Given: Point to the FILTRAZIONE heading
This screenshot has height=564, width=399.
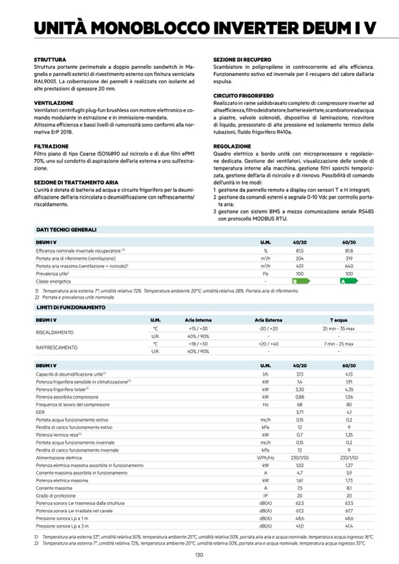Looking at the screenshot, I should click(52, 145).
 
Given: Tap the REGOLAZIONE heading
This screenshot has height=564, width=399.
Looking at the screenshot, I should click(232, 145).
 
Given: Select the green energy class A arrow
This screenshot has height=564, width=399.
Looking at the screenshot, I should click(349, 282).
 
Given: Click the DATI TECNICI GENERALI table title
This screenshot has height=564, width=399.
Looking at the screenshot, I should click(66, 229).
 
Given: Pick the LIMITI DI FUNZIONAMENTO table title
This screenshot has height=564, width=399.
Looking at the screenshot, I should click(71, 307).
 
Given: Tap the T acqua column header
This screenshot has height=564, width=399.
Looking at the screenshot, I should click(338, 319).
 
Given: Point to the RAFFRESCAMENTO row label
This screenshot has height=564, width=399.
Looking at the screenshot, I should click(57, 347).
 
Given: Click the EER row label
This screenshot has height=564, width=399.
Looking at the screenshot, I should click(39, 412).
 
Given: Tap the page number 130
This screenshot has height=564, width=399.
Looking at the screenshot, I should click(199, 555).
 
